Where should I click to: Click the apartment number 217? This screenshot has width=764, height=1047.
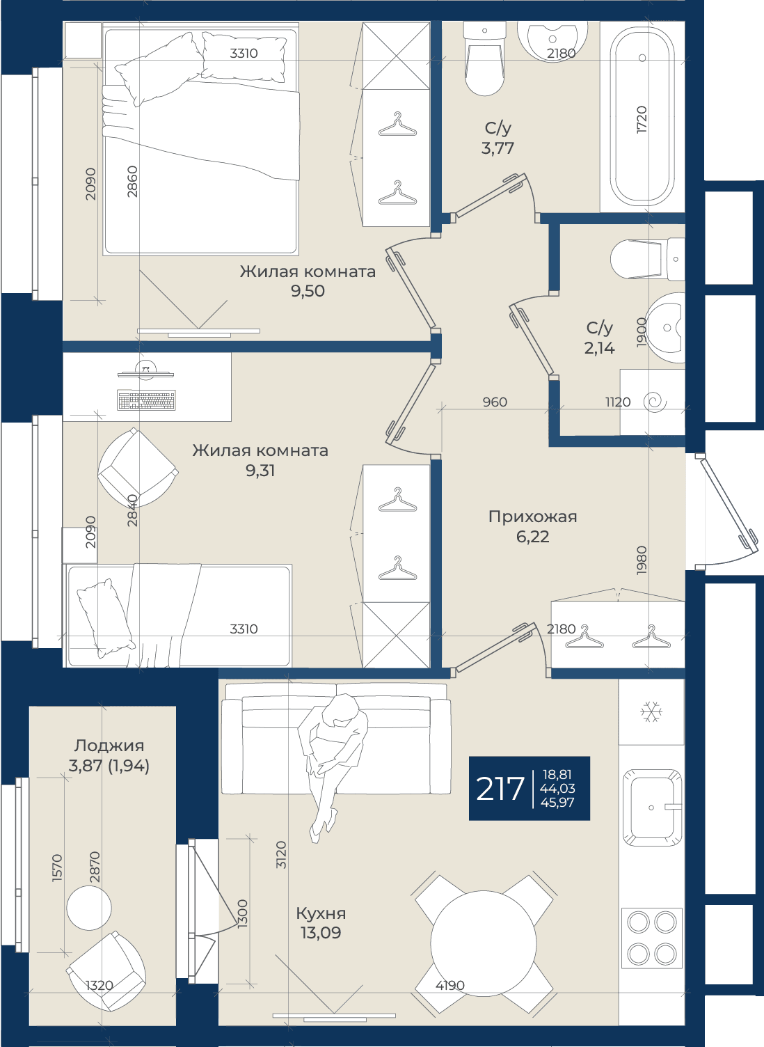click(500, 788)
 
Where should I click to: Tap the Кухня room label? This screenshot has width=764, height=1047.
click(321, 913)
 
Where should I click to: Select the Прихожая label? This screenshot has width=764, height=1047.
click(533, 517)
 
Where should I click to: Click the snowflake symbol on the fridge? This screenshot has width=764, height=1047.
click(651, 712)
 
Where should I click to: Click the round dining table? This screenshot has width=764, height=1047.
click(484, 945)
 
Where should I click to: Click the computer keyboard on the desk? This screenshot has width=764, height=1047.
click(146, 400)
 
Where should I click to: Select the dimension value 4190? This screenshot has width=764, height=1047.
click(449, 985)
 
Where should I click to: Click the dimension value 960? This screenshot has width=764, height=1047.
click(495, 402)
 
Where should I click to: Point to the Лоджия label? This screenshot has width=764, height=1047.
click(109, 745)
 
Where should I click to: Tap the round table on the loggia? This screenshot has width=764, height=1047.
click(89, 908)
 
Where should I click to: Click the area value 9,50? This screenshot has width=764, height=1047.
click(308, 291)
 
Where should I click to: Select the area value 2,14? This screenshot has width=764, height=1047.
click(599, 348)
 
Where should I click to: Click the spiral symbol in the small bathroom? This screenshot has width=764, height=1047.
click(655, 402)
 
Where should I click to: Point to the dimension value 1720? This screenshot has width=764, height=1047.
click(642, 120)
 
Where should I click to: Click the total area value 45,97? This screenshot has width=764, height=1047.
click(557, 803)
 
